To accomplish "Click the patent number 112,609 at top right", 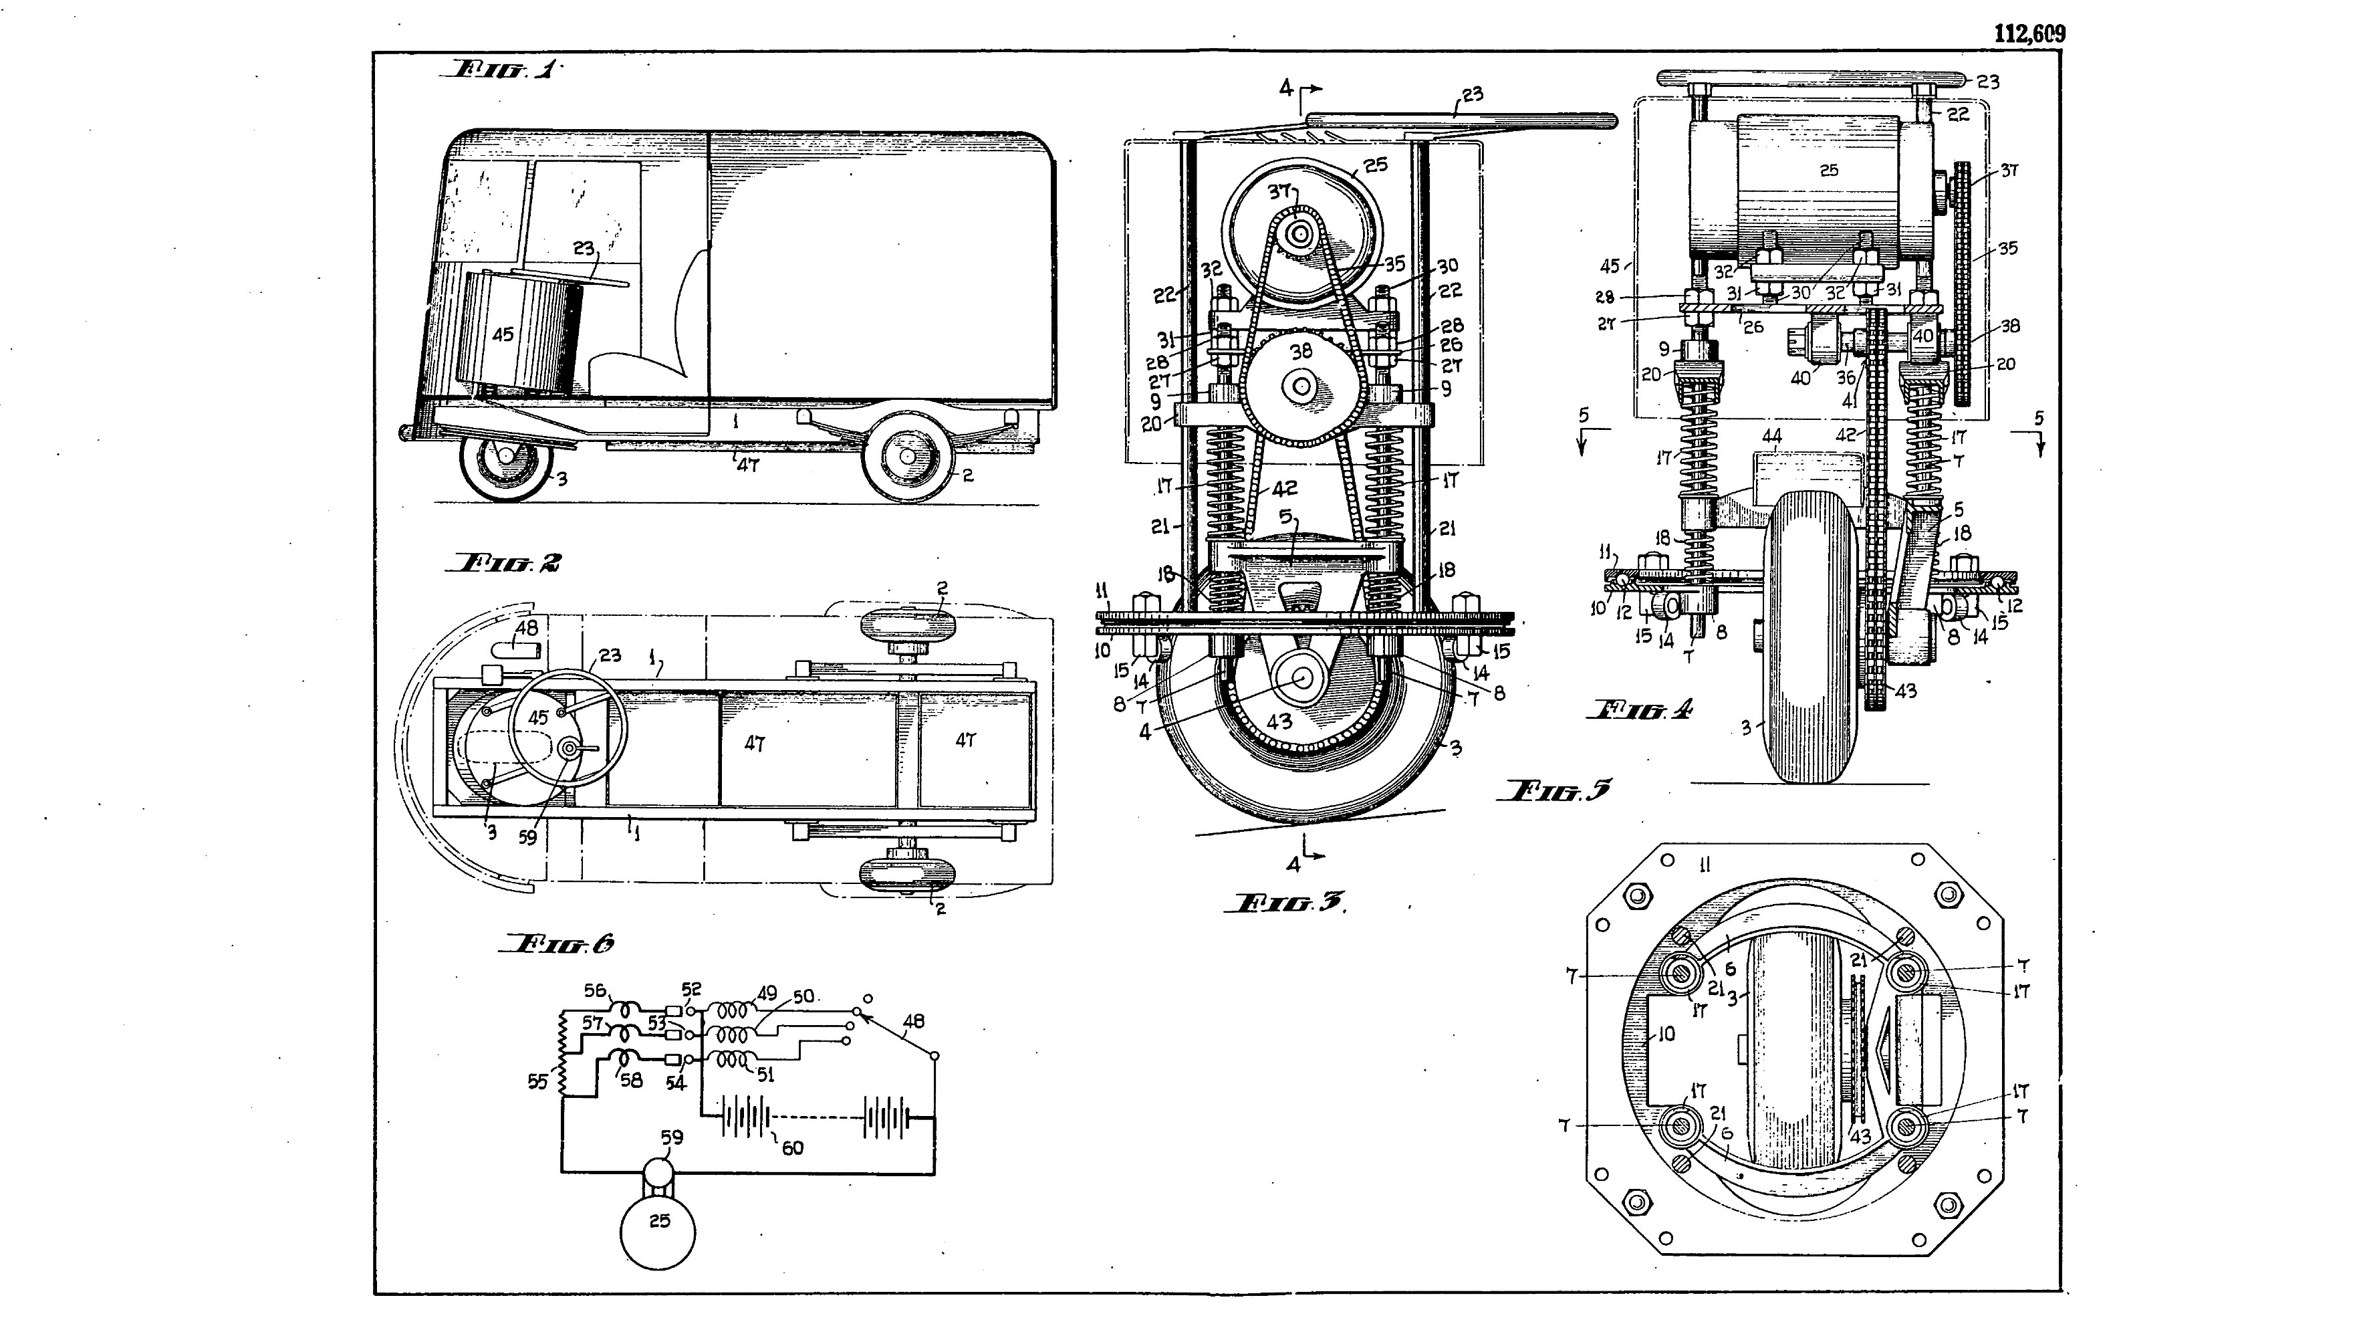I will (2029, 34).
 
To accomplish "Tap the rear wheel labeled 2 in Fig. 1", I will (908, 457).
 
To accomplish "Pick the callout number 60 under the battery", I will (791, 1148).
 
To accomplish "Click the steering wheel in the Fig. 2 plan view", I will (568, 724).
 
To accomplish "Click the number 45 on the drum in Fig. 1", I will (503, 334).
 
